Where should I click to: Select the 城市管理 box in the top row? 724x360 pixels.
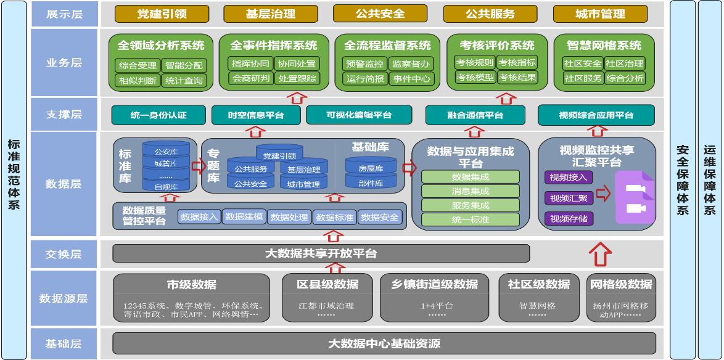600,14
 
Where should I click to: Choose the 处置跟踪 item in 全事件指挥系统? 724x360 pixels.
297,78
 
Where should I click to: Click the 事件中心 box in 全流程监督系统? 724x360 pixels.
412,78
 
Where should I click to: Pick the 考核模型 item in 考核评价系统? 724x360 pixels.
475,77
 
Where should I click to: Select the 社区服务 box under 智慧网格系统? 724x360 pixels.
583,78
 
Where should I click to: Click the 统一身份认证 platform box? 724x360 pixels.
158,115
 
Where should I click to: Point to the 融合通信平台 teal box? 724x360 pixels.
475,115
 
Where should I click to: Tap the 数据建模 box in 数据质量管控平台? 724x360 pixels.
244,217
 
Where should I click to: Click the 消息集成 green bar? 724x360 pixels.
471,191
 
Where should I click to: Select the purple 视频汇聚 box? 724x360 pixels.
569,198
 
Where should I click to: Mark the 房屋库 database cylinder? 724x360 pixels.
371,168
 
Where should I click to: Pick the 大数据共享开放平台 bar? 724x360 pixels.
321,253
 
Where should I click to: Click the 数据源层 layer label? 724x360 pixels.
64,298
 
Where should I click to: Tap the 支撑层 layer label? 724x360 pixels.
64,115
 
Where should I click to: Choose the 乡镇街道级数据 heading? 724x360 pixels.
435,284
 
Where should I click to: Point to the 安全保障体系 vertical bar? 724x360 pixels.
682,179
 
